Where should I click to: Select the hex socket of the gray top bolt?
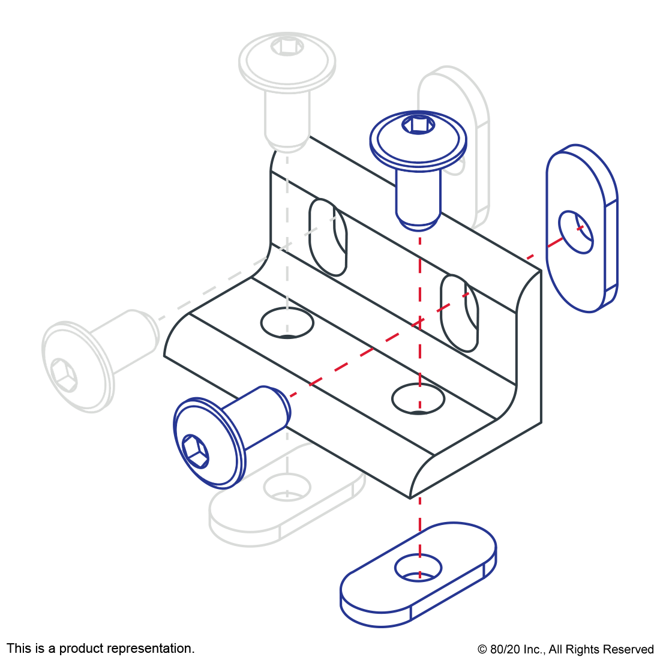pyautogui.click(x=287, y=46)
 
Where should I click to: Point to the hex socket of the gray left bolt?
pyautogui.click(x=64, y=376)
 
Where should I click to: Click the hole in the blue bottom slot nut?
pyautogui.click(x=418, y=568)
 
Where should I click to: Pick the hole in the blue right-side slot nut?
pyautogui.click(x=575, y=232)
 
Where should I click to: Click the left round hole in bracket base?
pyautogui.click(x=287, y=323)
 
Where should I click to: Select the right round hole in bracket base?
pyautogui.click(x=418, y=398)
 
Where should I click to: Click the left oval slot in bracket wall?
pyautogui.click(x=328, y=238)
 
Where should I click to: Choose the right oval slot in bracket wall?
pyautogui.click(x=459, y=313)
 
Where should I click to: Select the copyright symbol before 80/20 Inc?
pyautogui.click(x=482, y=649)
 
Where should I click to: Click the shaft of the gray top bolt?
pyautogui.click(x=287, y=120)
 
